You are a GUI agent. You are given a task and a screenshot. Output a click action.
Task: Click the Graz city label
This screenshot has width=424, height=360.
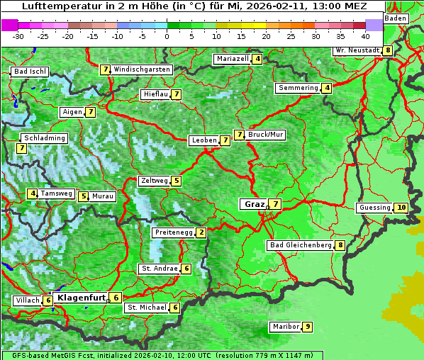(x=254, y=204)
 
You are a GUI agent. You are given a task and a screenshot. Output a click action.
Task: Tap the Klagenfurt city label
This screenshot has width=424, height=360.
(x=81, y=298)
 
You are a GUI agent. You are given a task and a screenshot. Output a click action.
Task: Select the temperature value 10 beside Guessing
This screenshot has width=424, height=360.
(x=401, y=208)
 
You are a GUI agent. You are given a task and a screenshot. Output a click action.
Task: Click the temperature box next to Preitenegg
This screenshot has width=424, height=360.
(x=201, y=232)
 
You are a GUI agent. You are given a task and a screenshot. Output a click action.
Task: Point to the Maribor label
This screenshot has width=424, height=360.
(x=284, y=327)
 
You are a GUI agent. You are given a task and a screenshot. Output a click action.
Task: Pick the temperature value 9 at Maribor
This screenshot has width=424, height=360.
(x=307, y=327)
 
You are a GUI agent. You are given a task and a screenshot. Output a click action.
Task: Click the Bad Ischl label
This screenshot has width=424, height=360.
(x=30, y=72)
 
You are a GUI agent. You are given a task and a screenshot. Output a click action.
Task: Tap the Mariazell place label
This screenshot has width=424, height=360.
(x=231, y=59)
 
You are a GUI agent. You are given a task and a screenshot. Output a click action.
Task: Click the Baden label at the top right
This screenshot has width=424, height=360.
(x=396, y=18)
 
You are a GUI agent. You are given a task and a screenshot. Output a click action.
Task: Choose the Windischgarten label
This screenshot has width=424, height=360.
(x=142, y=69)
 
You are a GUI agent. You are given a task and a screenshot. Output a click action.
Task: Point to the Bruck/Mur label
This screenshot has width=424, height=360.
(x=266, y=134)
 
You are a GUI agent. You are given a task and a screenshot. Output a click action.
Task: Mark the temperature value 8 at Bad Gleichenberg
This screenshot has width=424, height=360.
(x=340, y=245)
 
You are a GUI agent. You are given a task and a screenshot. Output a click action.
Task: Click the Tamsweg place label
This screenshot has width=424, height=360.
(x=56, y=193)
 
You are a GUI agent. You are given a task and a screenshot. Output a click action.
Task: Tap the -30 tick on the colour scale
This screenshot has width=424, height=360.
(x=18, y=35)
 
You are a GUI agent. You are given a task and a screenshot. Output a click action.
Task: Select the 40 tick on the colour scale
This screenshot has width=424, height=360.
(x=365, y=35)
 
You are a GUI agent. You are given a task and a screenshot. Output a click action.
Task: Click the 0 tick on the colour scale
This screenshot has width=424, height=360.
(x=167, y=35)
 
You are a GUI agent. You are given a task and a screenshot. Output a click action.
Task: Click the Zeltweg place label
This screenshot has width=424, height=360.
(x=154, y=181)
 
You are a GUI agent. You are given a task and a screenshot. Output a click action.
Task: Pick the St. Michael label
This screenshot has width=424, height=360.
(x=146, y=308)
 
